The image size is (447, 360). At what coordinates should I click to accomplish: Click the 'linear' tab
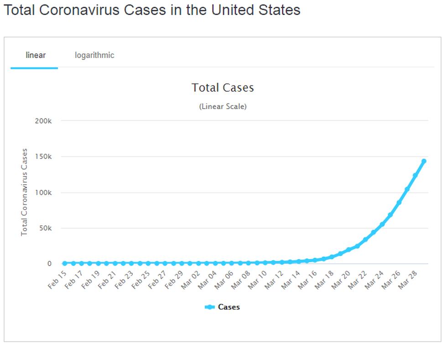pos(36,55)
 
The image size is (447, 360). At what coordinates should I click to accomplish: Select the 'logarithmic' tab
pos(94,55)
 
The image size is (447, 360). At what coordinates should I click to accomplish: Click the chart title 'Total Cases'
pos(223,88)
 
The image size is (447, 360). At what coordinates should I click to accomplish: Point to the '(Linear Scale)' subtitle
pos(223,106)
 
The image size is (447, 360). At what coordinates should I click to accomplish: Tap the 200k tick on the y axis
pos(44,121)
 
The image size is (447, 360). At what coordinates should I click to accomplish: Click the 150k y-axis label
pos(44,157)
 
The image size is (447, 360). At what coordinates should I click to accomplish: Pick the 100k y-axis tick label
pos(44,193)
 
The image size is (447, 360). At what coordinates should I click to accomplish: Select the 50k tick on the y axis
pos(46,228)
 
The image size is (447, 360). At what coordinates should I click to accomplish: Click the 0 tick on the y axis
pos(49,264)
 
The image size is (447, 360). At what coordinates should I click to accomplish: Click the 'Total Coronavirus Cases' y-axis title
pos(25,192)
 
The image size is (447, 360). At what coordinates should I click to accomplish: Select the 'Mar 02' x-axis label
pos(191,279)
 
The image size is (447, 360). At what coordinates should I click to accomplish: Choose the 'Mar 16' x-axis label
pos(307,279)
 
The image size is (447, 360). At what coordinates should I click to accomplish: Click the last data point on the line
pos(424,161)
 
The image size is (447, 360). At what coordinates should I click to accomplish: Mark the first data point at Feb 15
pos(65,263)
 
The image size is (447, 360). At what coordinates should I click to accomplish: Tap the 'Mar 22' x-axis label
pos(357,279)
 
